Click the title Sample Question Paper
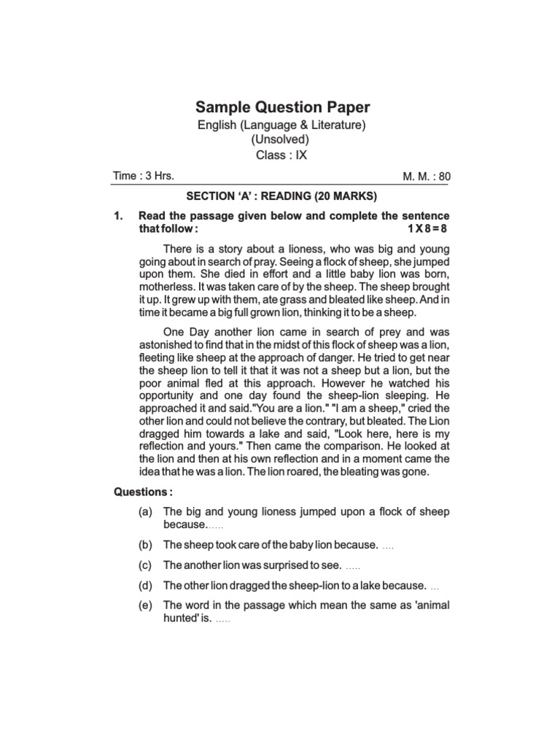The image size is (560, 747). click(x=281, y=107)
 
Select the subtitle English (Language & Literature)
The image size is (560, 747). click(x=281, y=125)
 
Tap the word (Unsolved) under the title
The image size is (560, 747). click(x=281, y=140)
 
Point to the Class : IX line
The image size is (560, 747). click(x=281, y=155)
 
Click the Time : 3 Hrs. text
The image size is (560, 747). click(x=143, y=176)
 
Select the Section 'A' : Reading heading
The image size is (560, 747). click(x=281, y=196)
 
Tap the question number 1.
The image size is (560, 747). click(x=117, y=217)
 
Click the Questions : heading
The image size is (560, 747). click(x=142, y=492)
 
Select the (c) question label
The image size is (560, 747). click(x=146, y=565)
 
